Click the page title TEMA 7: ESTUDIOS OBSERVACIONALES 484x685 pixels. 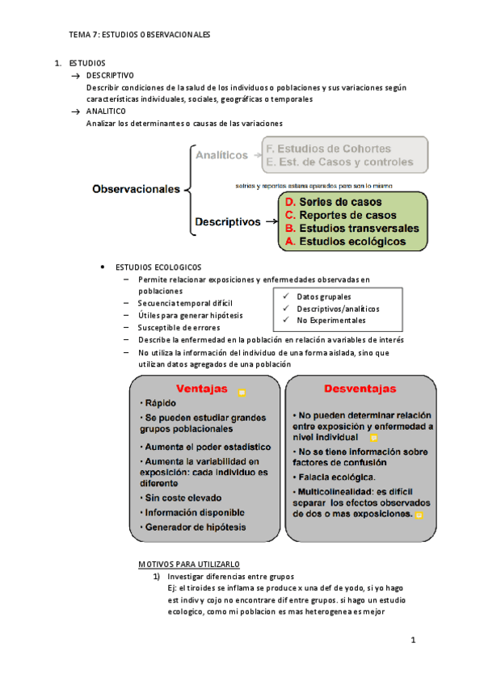(x=139, y=35)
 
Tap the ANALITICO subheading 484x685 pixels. (x=106, y=111)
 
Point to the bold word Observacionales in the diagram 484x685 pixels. (x=136, y=190)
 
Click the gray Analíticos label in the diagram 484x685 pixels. (x=221, y=153)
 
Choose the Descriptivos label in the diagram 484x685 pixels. (x=227, y=221)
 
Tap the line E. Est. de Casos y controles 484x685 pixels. (x=339, y=162)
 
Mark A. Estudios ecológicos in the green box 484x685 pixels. (x=343, y=241)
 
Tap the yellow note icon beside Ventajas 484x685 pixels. (x=242, y=393)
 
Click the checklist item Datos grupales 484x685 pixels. (x=324, y=296)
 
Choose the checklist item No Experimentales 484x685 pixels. (x=330, y=321)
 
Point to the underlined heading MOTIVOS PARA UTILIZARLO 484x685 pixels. (x=190, y=563)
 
